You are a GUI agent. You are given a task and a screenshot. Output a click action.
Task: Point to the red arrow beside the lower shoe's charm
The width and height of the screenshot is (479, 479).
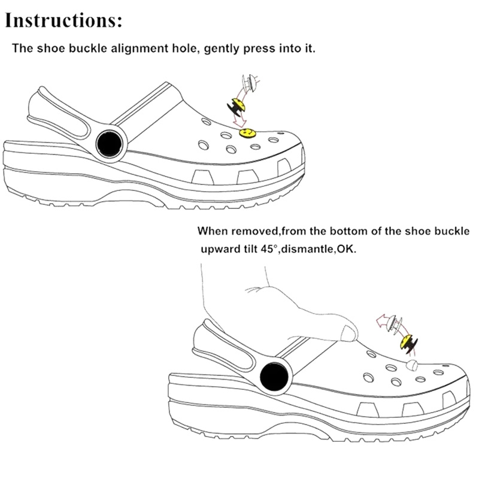coord(381,324)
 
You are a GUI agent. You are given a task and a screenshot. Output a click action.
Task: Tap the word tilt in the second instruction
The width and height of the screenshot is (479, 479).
coord(251,248)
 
